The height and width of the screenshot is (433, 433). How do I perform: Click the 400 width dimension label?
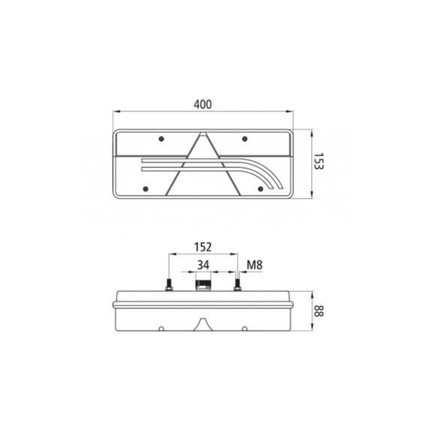(x=203, y=104)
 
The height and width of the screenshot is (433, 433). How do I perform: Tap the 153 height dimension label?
(x=319, y=161)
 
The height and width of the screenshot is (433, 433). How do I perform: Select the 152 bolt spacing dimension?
(x=203, y=247)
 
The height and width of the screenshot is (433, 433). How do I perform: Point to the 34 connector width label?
(x=203, y=265)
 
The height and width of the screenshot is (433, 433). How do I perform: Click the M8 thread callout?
(x=254, y=265)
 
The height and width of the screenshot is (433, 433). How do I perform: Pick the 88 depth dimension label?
(x=319, y=311)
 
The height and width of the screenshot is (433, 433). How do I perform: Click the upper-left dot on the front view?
(x=162, y=139)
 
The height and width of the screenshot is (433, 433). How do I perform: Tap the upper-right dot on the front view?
(x=245, y=139)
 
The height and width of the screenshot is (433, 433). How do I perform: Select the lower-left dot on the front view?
(x=145, y=189)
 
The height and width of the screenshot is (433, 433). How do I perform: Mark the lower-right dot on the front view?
(x=260, y=189)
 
